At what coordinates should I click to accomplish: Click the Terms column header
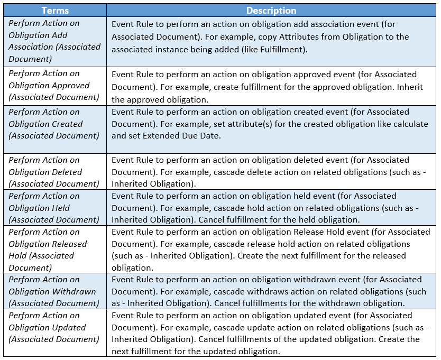[x=54, y=11]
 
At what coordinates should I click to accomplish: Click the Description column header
[x=271, y=11]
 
